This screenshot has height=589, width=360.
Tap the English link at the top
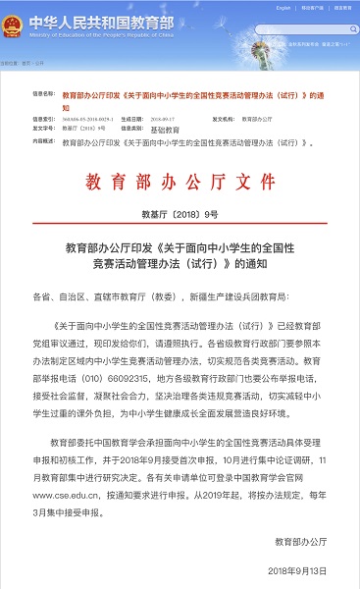(x=258, y=8)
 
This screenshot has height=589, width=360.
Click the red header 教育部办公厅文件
(x=180, y=185)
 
